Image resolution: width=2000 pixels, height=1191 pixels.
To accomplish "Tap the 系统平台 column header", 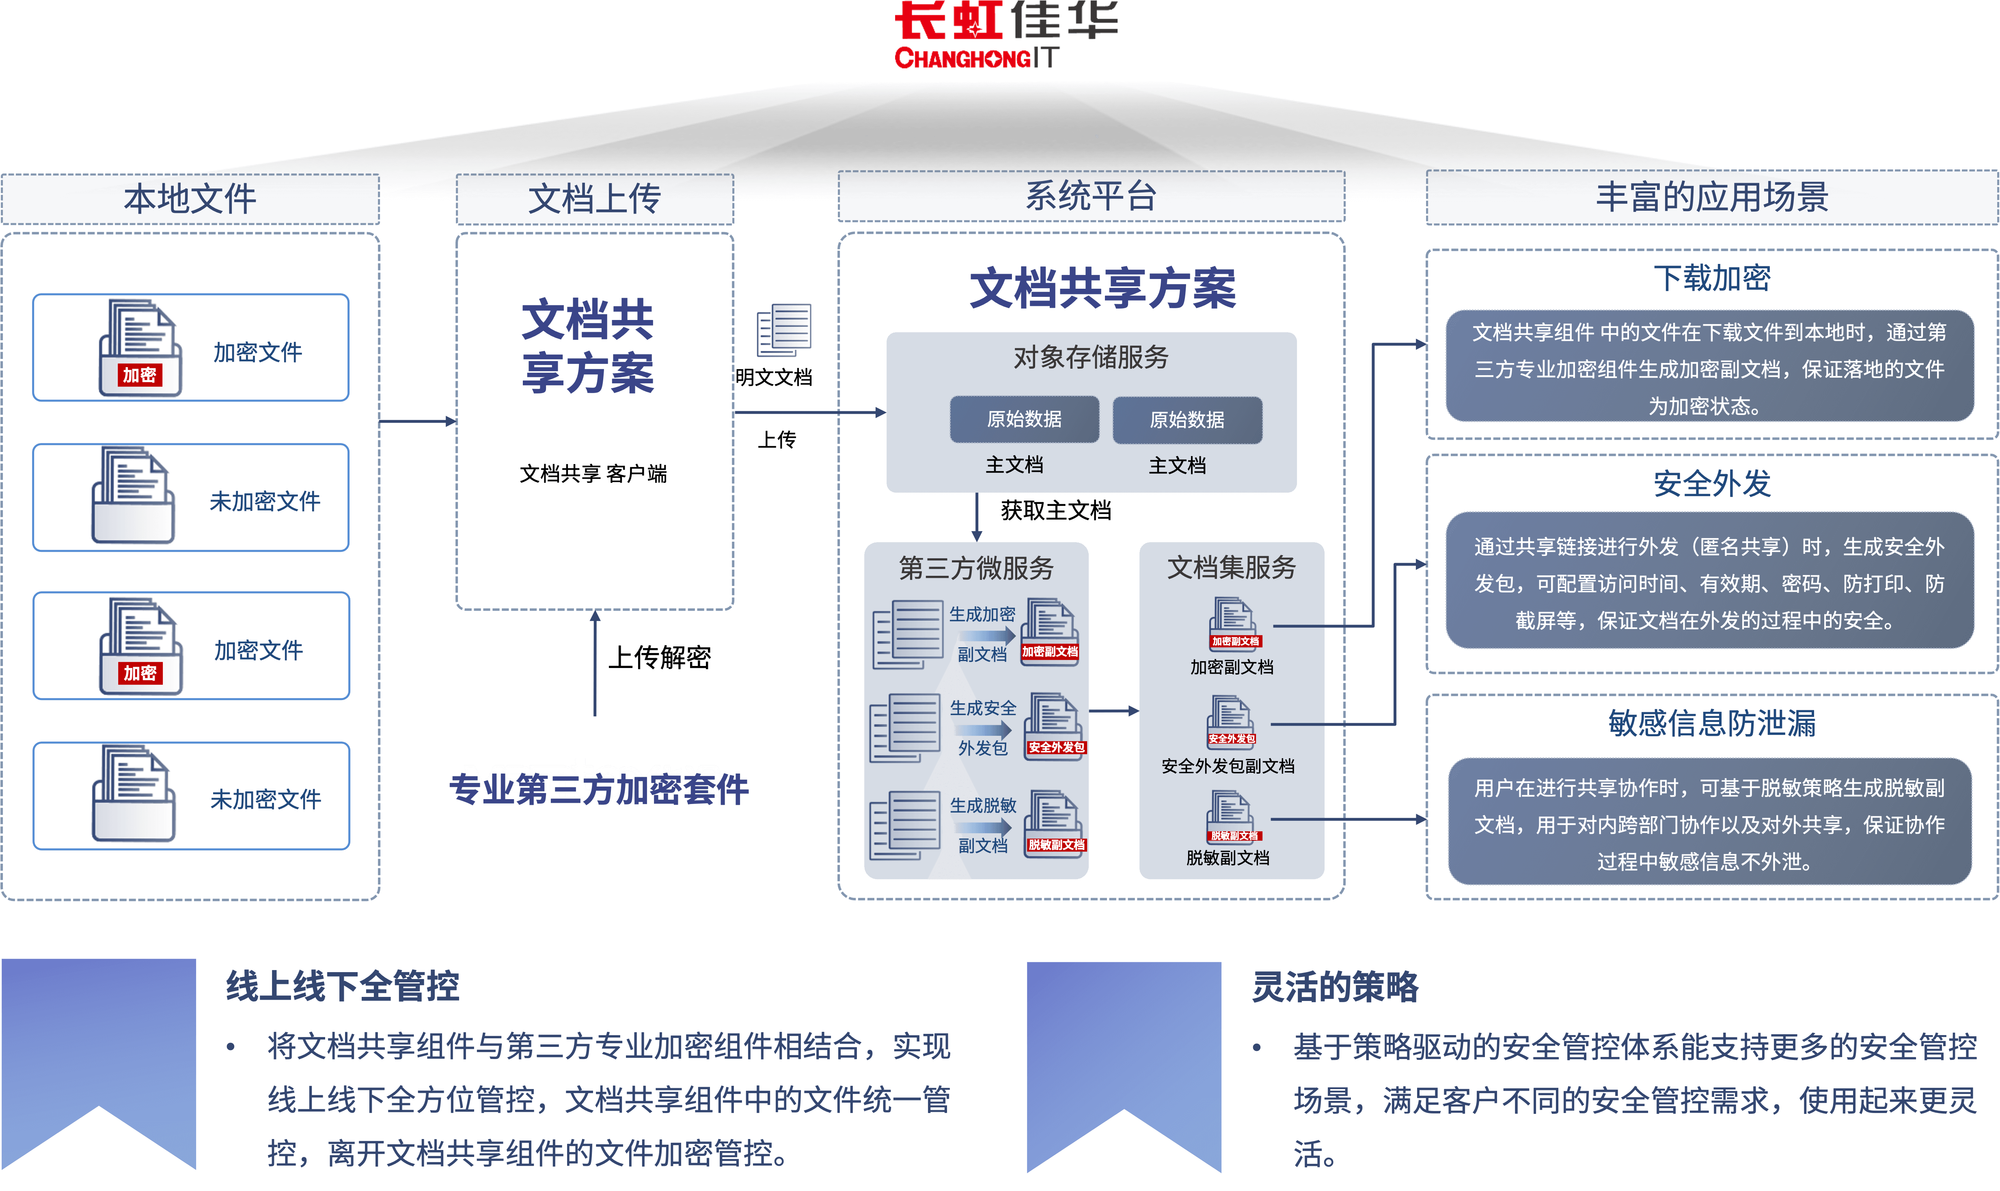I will point(1091,197).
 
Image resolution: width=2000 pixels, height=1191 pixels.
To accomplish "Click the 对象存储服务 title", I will point(1091,357).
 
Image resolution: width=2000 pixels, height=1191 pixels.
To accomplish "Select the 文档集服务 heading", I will point(1232,567).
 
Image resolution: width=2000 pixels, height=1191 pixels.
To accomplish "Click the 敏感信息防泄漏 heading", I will point(1712,723).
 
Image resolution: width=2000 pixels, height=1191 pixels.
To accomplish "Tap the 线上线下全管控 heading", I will point(343,986).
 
